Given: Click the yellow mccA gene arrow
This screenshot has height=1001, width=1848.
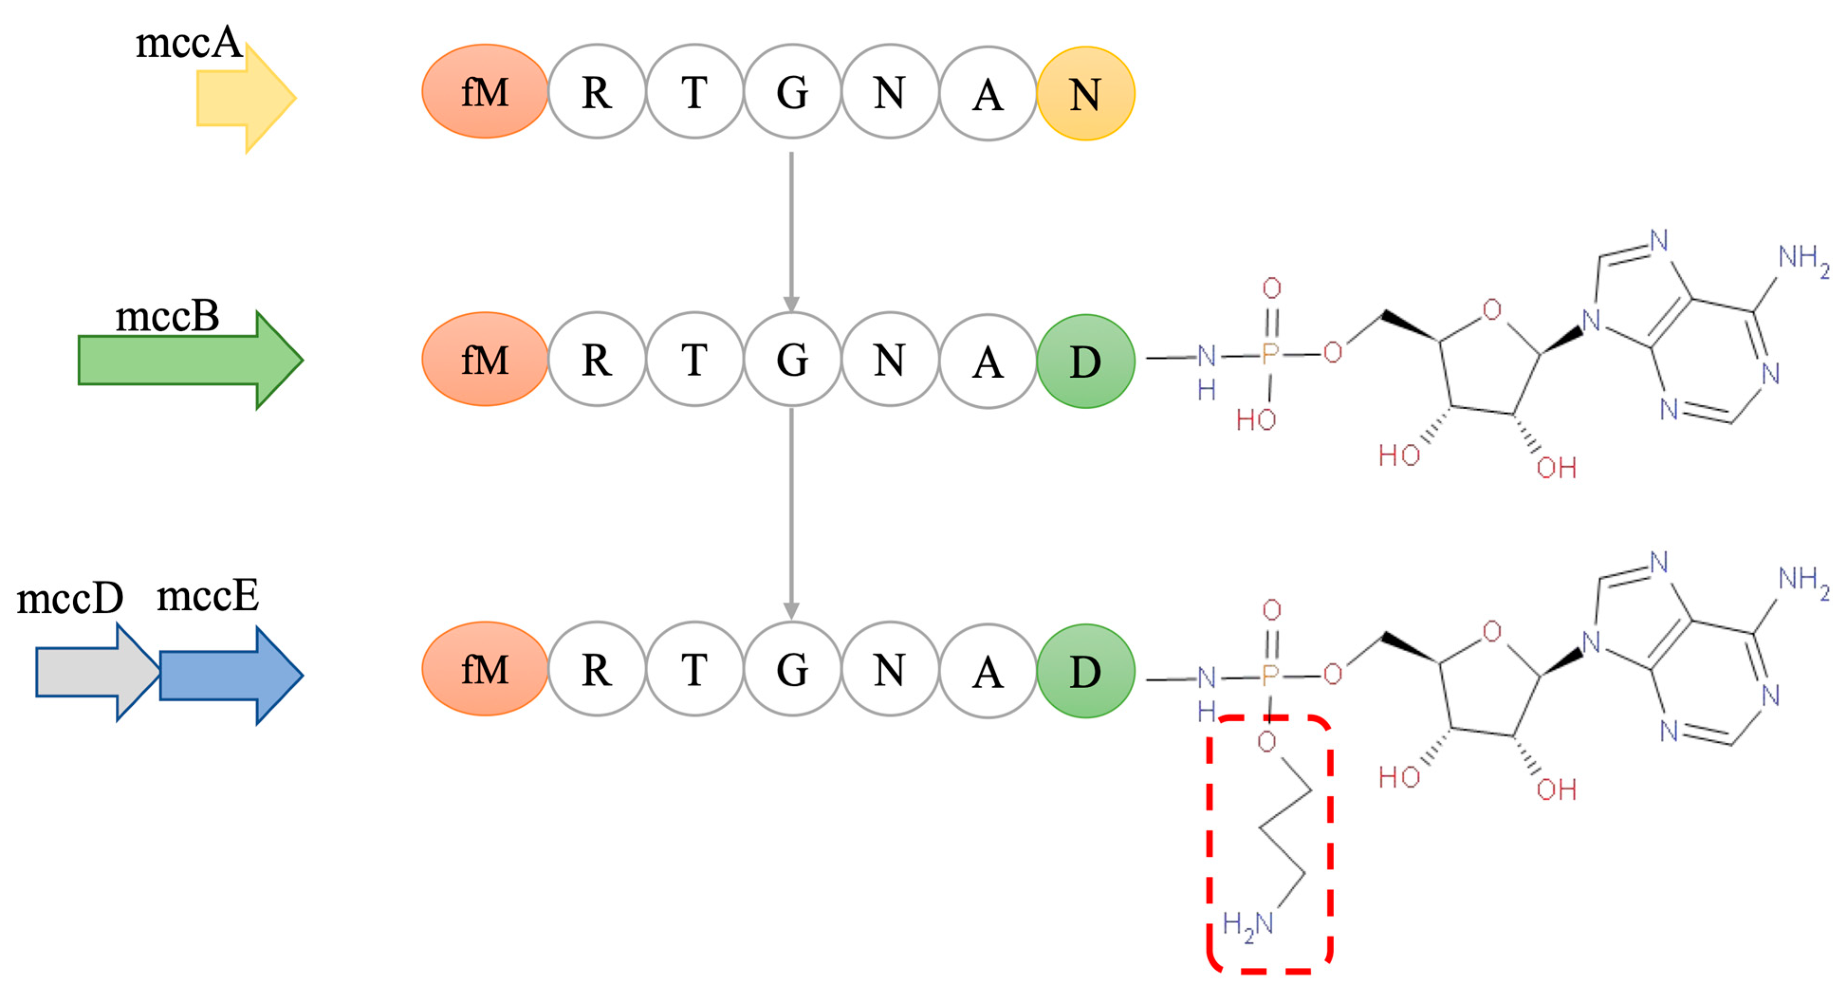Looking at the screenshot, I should tap(240, 98).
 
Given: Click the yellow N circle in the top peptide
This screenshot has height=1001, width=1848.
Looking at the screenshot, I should tap(1085, 94).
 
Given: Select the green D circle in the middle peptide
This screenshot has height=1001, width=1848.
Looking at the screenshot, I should tap(1085, 361).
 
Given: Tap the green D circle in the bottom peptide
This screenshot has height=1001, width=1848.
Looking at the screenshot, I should tap(1085, 671).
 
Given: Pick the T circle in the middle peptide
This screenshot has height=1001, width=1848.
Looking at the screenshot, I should tap(694, 359).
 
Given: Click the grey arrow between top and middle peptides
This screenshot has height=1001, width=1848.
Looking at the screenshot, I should tap(791, 229).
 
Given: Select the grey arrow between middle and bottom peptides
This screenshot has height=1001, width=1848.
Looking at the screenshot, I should tap(791, 513).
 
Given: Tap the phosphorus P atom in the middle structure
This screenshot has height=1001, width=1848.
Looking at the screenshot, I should tap(1270, 354).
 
